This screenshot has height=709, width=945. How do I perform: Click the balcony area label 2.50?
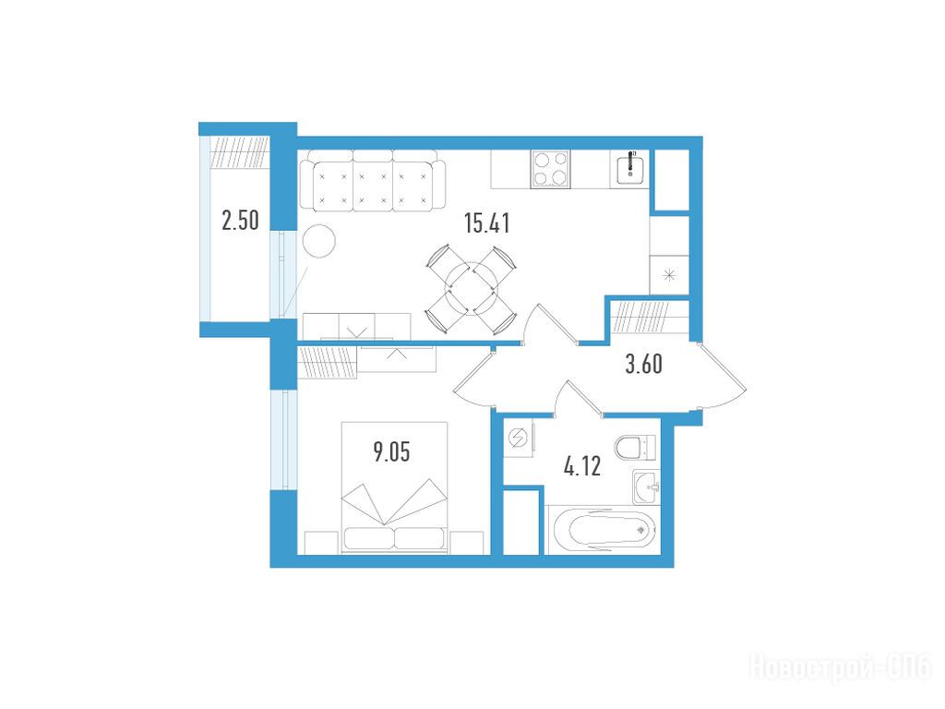(241, 220)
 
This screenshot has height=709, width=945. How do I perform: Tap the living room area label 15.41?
(487, 223)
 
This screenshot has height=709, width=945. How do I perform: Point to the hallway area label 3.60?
(643, 364)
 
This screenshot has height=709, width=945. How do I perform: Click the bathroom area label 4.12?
(582, 466)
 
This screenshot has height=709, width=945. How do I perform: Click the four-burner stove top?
(550, 170)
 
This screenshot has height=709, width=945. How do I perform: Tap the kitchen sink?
(630, 169)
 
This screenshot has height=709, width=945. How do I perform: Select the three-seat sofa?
(373, 180)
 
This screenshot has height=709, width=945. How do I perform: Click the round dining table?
(471, 289)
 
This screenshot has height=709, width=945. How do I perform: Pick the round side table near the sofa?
(318, 241)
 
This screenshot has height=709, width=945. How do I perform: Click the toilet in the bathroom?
(635, 447)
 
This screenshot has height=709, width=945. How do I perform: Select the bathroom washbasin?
(647, 487)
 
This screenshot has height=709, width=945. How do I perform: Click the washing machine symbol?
(519, 439)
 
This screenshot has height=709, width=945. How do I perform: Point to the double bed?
(394, 487)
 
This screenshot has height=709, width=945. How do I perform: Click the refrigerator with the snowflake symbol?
(669, 275)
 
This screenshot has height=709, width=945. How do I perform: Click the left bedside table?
(321, 543)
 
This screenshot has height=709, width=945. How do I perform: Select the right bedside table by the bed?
(467, 543)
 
